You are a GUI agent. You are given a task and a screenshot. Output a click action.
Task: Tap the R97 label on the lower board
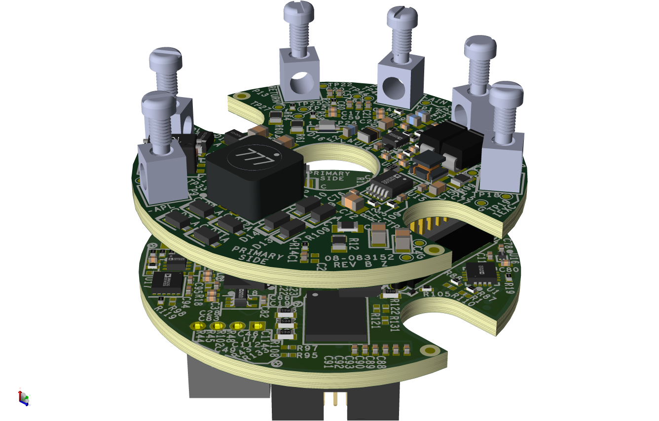tap(307, 348)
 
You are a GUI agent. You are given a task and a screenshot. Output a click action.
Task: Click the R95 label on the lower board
tap(307, 355)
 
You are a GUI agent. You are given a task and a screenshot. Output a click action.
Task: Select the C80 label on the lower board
tap(509, 270)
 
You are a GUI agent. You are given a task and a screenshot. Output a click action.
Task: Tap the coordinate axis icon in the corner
tap(23, 397)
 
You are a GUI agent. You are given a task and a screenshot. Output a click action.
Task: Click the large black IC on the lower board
tap(336, 317)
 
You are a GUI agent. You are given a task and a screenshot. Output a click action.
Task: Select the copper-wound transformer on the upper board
tap(430, 165)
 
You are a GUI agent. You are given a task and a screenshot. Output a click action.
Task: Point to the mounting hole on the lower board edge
tap(430, 351)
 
